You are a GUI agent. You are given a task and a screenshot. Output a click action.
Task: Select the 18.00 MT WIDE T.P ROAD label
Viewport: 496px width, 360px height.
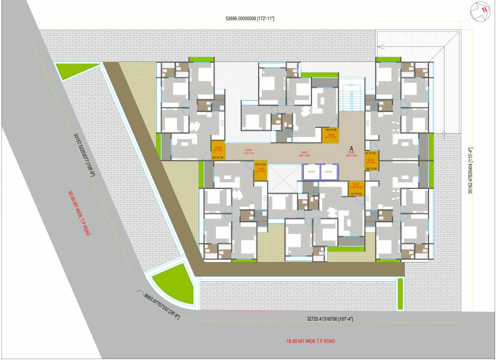pos(311,341)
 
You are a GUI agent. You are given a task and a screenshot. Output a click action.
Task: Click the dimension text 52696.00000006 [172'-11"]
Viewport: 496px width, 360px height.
pos(250,18)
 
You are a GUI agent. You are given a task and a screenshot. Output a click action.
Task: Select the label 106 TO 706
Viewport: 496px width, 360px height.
pos(331,129)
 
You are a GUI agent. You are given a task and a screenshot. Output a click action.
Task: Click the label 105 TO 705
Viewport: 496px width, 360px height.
pos(218,157)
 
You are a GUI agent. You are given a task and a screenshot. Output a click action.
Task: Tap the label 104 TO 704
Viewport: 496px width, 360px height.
pos(260,165)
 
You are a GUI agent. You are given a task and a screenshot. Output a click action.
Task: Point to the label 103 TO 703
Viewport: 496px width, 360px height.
pos(356,193)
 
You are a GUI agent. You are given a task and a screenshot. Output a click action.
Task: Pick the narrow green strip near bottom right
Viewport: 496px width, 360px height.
pos(400,293)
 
